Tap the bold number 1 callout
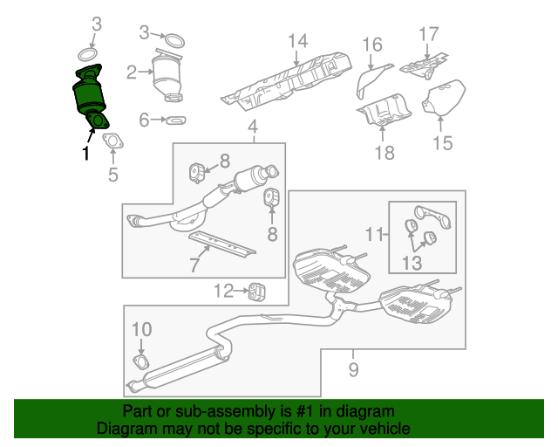[85, 154]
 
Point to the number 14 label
[298, 41]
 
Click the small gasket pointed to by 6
[174, 119]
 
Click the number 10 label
[141, 329]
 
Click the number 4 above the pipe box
[253, 131]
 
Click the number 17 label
[428, 35]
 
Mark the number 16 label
[372, 45]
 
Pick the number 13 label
[412, 263]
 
